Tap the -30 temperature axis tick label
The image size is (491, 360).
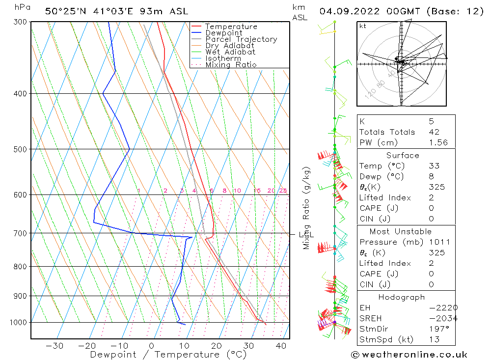point(54,346)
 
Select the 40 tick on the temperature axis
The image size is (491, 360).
point(281,346)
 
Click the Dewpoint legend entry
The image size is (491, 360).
point(223,33)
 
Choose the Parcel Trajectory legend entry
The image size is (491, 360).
point(241,39)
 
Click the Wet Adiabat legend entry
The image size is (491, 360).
point(230,52)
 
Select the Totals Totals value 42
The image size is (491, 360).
point(434,132)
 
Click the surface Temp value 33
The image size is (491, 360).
point(434,166)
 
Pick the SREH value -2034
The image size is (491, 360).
point(443,318)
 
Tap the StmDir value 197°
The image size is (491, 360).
point(438,329)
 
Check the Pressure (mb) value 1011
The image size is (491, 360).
point(438,242)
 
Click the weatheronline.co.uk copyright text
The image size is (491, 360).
point(409,354)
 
